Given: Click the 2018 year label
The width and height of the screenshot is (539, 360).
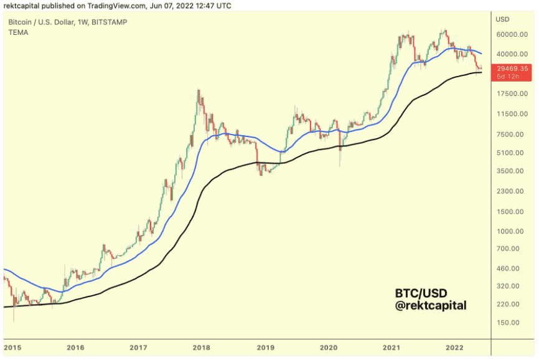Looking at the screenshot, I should coord(202,348).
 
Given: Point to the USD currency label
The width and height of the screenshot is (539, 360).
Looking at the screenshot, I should coord(502,19).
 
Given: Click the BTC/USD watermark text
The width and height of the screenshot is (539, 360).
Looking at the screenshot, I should coord(421,293).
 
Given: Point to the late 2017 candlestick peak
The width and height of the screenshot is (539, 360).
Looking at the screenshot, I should coord(198,91).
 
